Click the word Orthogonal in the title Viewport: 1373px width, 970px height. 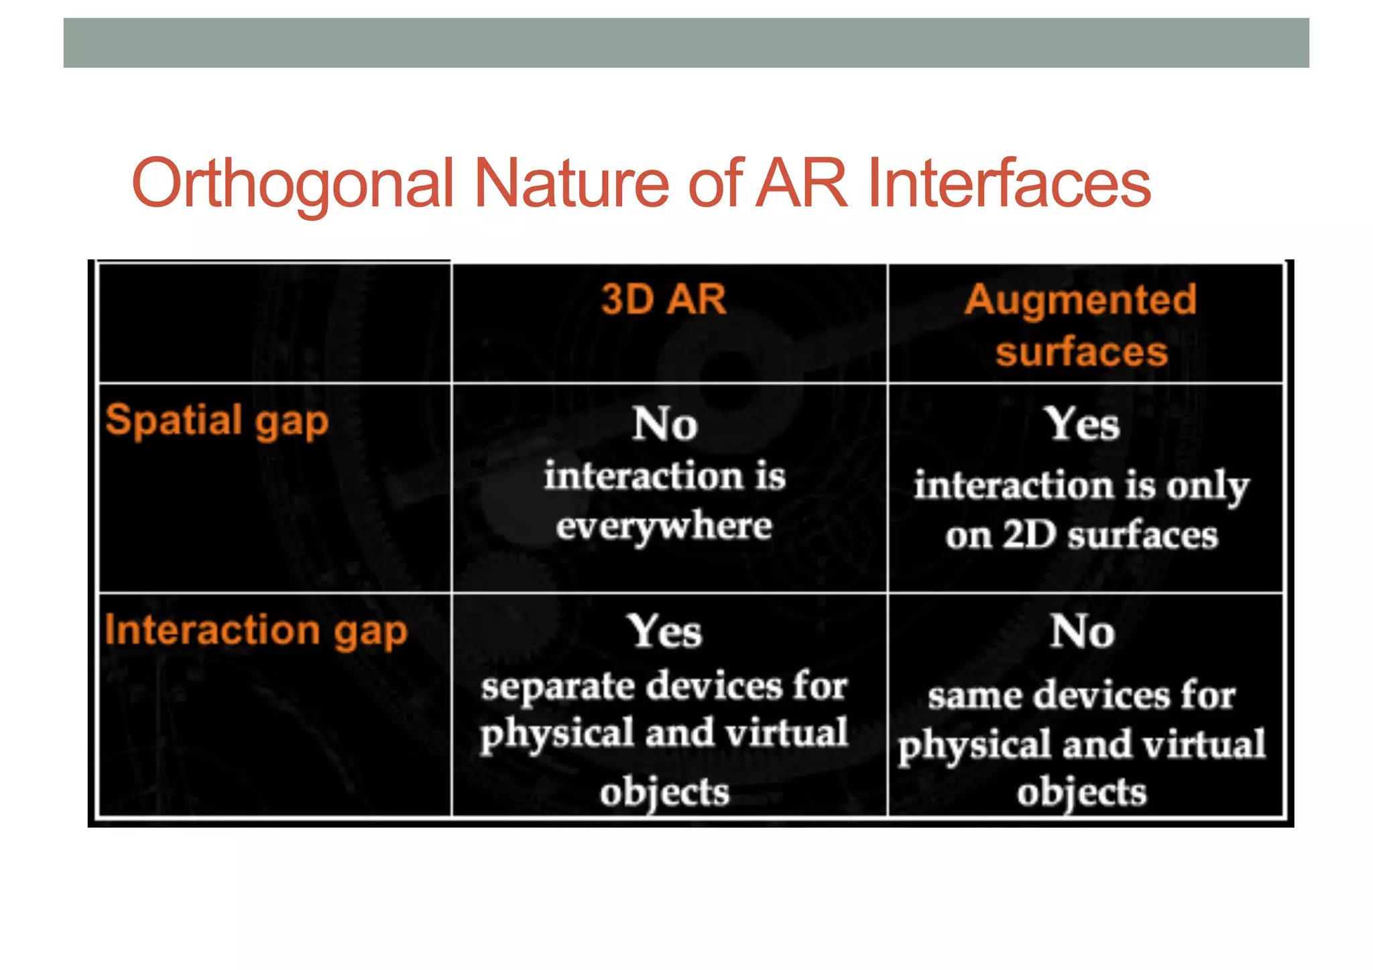(x=293, y=183)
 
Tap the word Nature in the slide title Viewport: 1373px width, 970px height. (x=571, y=183)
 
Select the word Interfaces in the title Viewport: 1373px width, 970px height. (x=1008, y=183)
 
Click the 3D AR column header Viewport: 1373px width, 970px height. (x=663, y=299)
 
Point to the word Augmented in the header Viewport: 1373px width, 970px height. (x=1081, y=299)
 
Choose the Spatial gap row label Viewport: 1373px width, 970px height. (x=217, y=421)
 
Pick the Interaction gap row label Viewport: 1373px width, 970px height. (x=255, y=630)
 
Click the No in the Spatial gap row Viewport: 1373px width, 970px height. (x=665, y=424)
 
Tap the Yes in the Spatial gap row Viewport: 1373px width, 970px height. (x=1081, y=424)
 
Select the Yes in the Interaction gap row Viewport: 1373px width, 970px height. (x=664, y=631)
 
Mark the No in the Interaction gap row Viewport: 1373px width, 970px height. (x=1082, y=631)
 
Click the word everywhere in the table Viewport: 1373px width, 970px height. (x=664, y=526)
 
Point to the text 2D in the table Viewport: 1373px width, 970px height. (x=1029, y=535)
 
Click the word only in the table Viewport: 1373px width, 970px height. (x=1207, y=486)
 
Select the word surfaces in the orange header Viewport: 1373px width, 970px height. (x=1081, y=351)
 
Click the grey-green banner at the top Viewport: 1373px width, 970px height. (x=686, y=43)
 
